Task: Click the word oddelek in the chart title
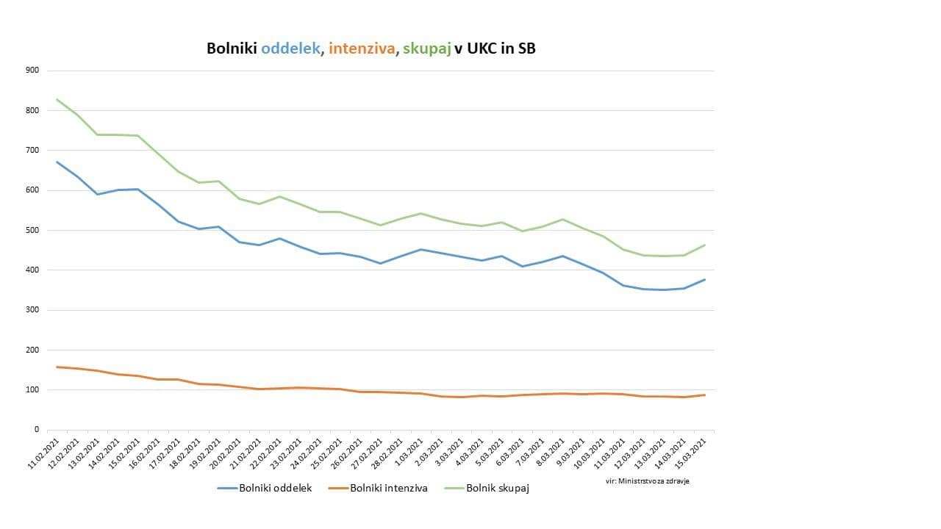point(291,48)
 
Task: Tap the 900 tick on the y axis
point(32,71)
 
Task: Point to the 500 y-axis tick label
point(32,230)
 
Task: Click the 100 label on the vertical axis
point(32,389)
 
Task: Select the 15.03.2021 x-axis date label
point(693,452)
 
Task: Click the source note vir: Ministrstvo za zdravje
point(642,481)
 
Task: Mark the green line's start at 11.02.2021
point(57,99)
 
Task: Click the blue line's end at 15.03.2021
point(705,279)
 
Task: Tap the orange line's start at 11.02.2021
point(57,367)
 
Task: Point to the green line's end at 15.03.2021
point(705,245)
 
